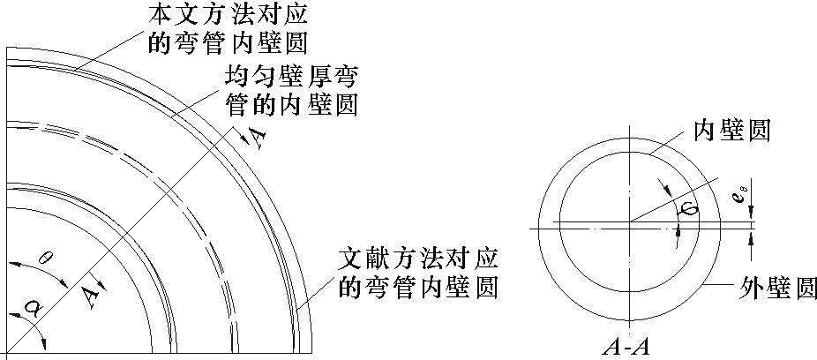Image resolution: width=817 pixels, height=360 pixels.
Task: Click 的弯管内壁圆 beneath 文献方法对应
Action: (419, 288)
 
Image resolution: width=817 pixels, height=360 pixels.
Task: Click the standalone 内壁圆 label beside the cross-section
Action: (732, 131)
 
